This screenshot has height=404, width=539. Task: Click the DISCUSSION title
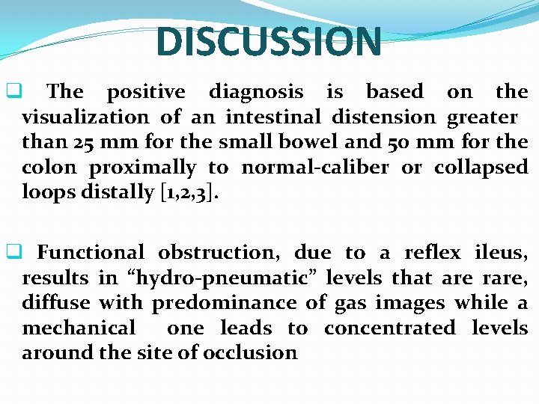pos(269,42)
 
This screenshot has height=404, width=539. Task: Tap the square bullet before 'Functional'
pos(12,253)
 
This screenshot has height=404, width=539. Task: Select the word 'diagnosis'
pos(256,92)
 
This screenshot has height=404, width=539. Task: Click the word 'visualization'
pos(85,117)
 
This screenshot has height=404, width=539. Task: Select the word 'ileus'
pos(501,253)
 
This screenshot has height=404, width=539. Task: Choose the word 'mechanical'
pos(79,328)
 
